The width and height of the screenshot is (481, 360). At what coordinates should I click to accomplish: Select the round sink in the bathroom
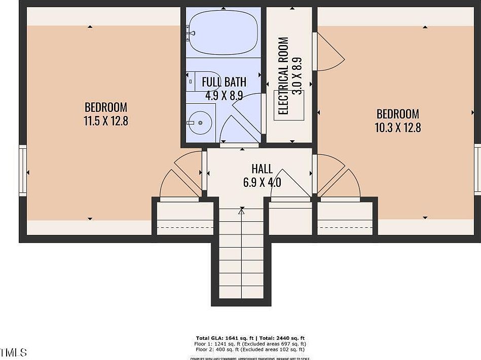coord(199,122)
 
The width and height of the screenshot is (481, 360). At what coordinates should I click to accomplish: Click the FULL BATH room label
coord(224,82)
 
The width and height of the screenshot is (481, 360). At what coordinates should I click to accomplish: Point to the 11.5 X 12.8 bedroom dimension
coord(105,121)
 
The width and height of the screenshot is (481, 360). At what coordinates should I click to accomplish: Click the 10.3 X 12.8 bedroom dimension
coord(397,128)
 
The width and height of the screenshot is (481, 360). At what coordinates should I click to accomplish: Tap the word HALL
coord(262,169)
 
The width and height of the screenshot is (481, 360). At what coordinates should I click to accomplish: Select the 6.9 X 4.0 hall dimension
coord(262,183)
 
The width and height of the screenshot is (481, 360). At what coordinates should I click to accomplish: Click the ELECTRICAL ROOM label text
coord(284,76)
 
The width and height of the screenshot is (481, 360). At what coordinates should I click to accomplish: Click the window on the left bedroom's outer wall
coord(22,170)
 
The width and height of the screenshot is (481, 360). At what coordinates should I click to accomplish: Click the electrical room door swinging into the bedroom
coord(328,52)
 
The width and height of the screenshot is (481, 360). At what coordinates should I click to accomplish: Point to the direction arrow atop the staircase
coord(242,212)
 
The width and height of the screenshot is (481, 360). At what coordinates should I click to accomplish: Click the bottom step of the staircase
coord(242,293)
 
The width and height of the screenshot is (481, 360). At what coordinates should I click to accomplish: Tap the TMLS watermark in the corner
coord(14,352)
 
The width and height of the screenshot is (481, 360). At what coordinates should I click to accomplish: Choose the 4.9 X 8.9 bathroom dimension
coord(224,95)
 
